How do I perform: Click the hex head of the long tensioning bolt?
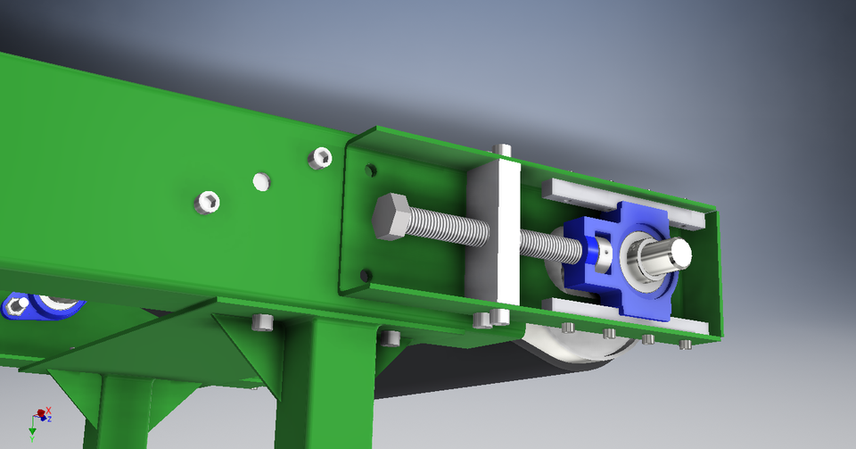392,217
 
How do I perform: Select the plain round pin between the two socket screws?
260,181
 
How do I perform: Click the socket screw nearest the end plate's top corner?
320,159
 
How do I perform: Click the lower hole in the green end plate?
364,274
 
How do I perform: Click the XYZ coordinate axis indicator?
39,418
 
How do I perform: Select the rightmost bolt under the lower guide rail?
685,344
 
